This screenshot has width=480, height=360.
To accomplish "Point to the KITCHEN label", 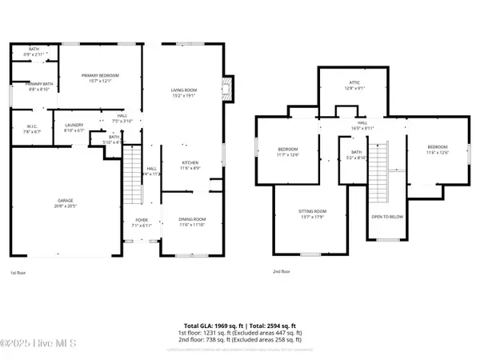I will point(189,165).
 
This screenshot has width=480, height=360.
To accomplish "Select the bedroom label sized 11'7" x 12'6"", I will point(287,151).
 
